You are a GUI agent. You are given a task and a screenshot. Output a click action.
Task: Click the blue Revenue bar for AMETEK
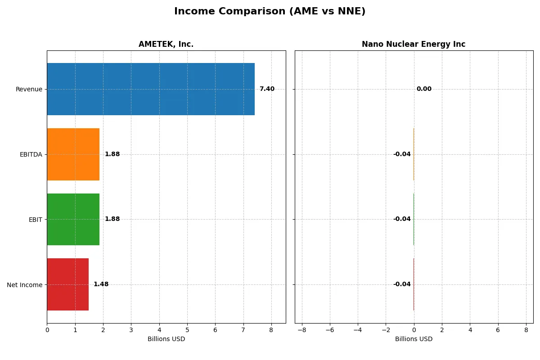151,89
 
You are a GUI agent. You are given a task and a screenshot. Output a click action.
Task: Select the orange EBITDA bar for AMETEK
73,154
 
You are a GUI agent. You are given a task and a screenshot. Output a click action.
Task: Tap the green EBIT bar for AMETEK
73,219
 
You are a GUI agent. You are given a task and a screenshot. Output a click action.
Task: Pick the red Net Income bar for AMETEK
67,284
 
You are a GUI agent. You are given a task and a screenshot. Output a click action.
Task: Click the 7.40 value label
267,89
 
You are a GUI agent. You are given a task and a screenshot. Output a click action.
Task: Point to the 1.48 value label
101,284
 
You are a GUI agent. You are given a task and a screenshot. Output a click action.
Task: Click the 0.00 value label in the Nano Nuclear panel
424,89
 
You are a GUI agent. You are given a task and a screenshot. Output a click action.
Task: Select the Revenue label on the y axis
29,89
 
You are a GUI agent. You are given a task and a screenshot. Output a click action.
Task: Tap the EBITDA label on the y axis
31,154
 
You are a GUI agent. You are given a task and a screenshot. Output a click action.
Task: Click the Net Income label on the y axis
25,284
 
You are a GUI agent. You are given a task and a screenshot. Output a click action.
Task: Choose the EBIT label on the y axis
35,219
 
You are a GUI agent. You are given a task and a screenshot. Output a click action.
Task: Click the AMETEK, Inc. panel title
166,44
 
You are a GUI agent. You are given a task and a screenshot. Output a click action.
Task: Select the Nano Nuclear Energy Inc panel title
414,44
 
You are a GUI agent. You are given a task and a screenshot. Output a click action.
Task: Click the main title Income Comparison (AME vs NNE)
270,11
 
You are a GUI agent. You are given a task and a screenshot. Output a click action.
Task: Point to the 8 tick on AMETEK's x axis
271,330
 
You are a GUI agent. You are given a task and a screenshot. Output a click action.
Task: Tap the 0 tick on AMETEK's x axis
47,330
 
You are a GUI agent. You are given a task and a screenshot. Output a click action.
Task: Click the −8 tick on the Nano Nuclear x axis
301,330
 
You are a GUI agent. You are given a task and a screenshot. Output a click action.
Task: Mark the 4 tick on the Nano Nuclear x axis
470,330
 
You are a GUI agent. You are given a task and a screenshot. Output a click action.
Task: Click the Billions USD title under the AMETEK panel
166,339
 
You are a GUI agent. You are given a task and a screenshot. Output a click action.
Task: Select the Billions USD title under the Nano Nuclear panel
414,339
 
